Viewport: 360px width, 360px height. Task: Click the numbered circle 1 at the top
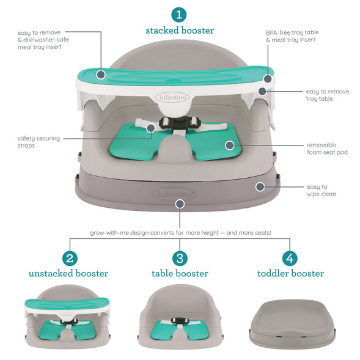[x=180, y=14]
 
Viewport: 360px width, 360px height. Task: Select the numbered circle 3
[x=180, y=258]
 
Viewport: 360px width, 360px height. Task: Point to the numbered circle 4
[x=290, y=258]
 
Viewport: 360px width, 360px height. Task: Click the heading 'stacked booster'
[x=180, y=30]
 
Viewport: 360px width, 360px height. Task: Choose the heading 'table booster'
[x=180, y=273]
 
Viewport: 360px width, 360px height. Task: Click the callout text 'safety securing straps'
[x=39, y=142]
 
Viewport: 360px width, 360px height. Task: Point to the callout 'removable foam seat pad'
[x=327, y=149]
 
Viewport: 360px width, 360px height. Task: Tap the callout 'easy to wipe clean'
[x=321, y=190]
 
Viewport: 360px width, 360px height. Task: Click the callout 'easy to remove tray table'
[x=327, y=95]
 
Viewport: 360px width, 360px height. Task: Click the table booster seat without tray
[x=180, y=318]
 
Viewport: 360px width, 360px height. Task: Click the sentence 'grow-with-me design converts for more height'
[x=180, y=233]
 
